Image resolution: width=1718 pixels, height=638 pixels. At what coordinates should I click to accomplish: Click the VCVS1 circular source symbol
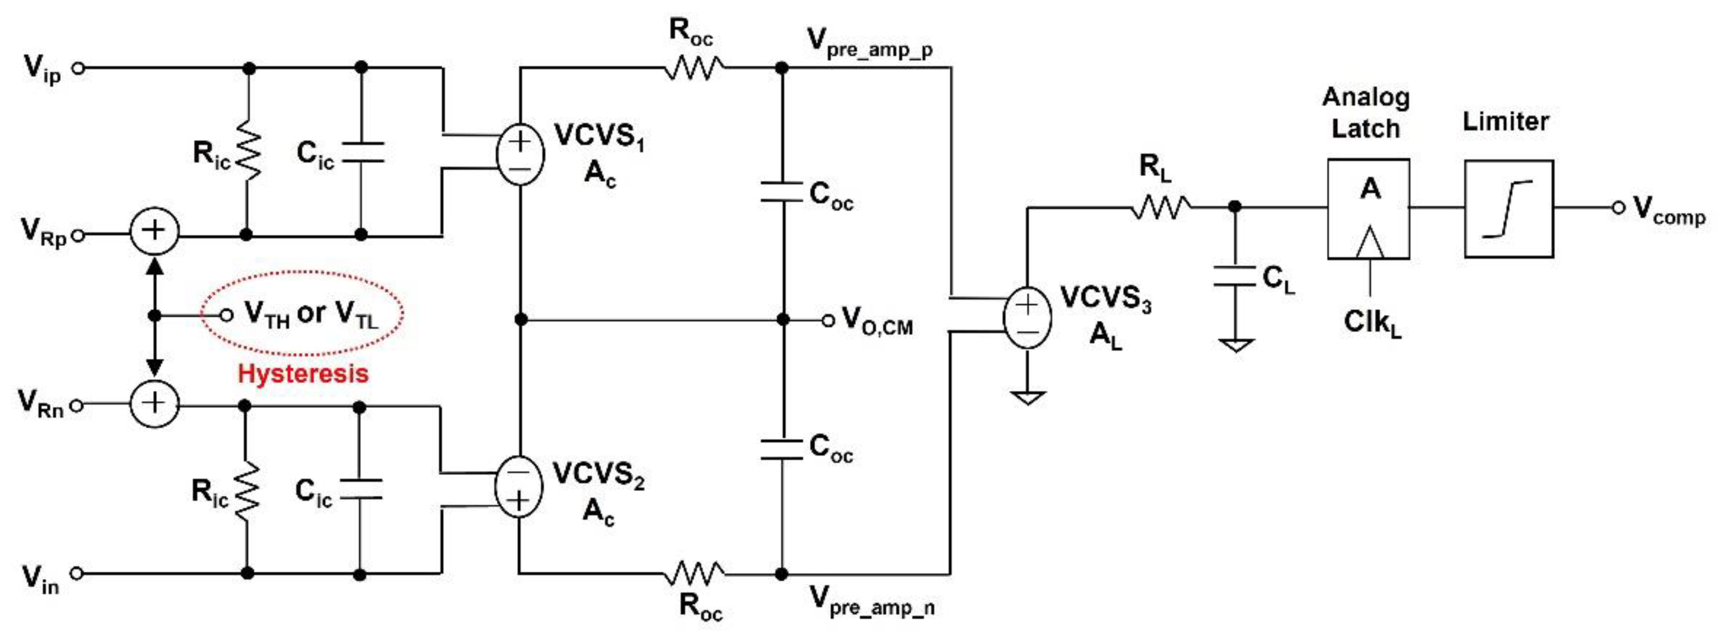[520, 154]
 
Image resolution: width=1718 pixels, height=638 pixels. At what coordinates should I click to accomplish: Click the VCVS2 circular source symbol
[518, 487]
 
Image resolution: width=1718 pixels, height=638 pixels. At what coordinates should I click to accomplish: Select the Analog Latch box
[1368, 208]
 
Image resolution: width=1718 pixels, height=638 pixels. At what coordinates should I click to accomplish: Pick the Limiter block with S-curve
[1509, 208]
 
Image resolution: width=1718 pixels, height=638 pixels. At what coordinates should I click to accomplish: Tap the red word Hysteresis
[303, 374]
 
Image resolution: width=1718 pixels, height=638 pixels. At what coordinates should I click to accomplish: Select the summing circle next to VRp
[154, 231]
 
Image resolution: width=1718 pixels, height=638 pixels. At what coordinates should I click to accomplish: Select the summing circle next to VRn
[154, 403]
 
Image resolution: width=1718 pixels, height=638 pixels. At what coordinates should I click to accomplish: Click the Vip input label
[41, 69]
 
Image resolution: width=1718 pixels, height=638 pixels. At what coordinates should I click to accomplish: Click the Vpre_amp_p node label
[870, 43]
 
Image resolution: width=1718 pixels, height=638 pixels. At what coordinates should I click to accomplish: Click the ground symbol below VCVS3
[1027, 398]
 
